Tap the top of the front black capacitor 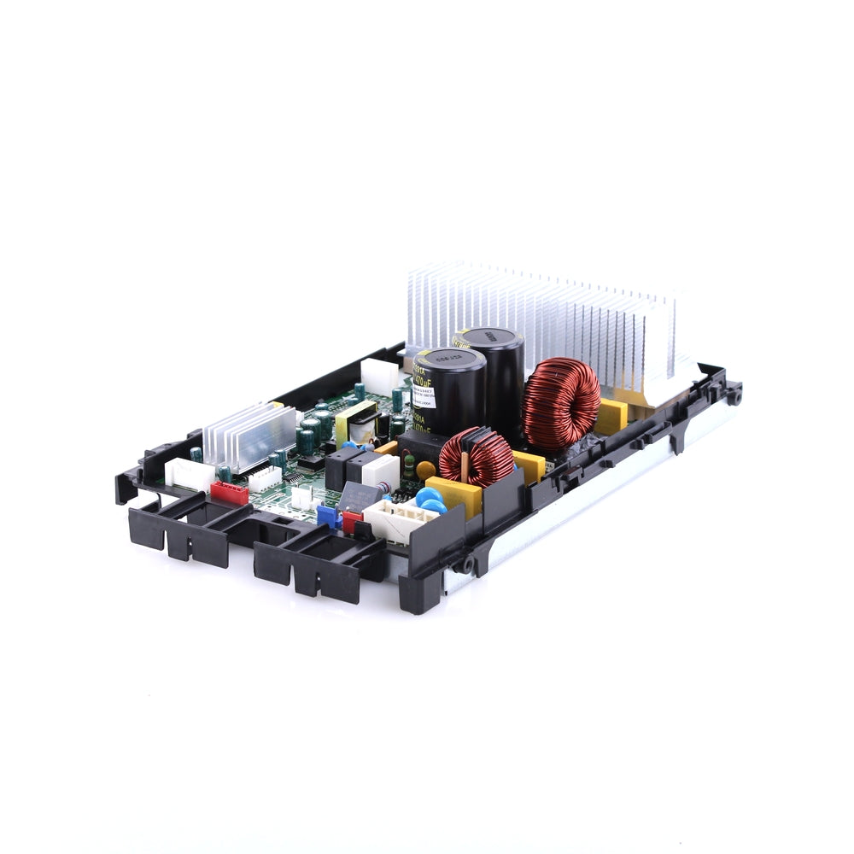point(450,361)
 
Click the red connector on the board point(229,493)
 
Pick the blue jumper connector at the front point(328,516)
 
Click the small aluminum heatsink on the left point(249,436)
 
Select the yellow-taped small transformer point(354,423)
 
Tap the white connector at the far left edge point(186,472)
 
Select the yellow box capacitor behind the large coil point(611,417)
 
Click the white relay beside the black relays point(381,471)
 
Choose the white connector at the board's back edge point(379,375)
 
